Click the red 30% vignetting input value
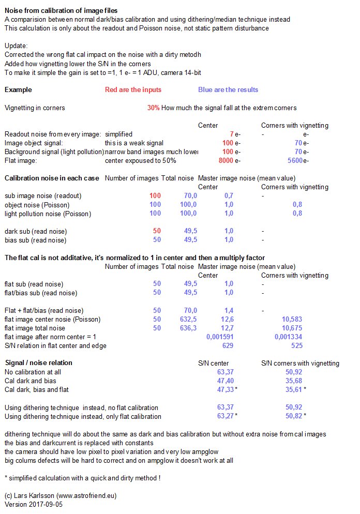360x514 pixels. tap(153, 108)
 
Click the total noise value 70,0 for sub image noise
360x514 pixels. tap(190, 196)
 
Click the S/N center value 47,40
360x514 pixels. tap(225, 381)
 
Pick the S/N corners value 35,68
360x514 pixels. tap(293, 381)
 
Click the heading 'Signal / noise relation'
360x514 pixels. tap(38, 363)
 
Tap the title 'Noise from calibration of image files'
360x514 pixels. tap(61, 10)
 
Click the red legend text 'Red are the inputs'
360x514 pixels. tap(133, 89)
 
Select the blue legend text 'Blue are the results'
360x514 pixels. tap(228, 89)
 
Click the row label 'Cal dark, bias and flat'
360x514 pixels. tap(37, 389)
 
